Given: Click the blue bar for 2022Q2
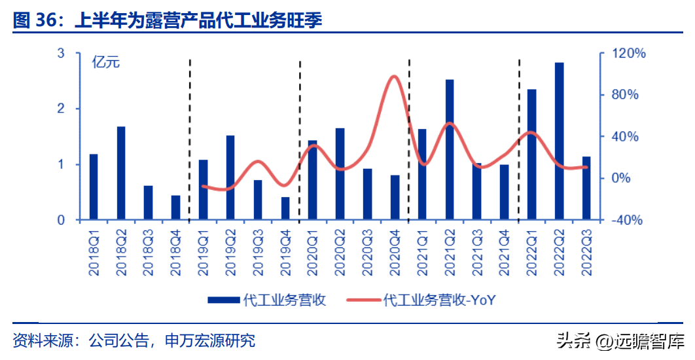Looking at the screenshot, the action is (559, 141).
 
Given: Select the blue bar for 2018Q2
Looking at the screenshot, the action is (121, 173).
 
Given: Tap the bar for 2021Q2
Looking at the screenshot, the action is (450, 149).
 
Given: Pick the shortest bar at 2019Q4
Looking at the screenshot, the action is (285, 208).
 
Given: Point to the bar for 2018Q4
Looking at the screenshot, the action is (176, 207).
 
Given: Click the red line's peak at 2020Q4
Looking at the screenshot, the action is (394, 77).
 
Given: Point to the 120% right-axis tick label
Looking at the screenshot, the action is (628, 54).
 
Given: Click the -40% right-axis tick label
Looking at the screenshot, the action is (626, 220).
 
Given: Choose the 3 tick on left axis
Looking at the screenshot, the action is (61, 53).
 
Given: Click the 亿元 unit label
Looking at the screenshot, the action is (106, 62).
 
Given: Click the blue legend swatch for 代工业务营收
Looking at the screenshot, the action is (224, 300).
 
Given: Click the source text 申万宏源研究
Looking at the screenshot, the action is (210, 340).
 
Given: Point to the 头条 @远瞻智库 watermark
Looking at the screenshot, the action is (620, 341).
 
